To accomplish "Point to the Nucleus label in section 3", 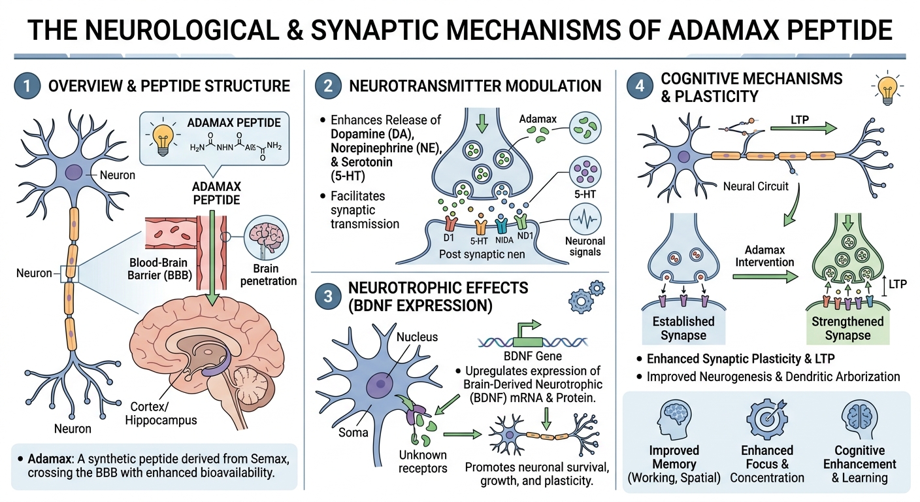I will [x=417, y=337].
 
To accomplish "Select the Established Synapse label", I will [x=683, y=328].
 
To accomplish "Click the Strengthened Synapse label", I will [x=847, y=328].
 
